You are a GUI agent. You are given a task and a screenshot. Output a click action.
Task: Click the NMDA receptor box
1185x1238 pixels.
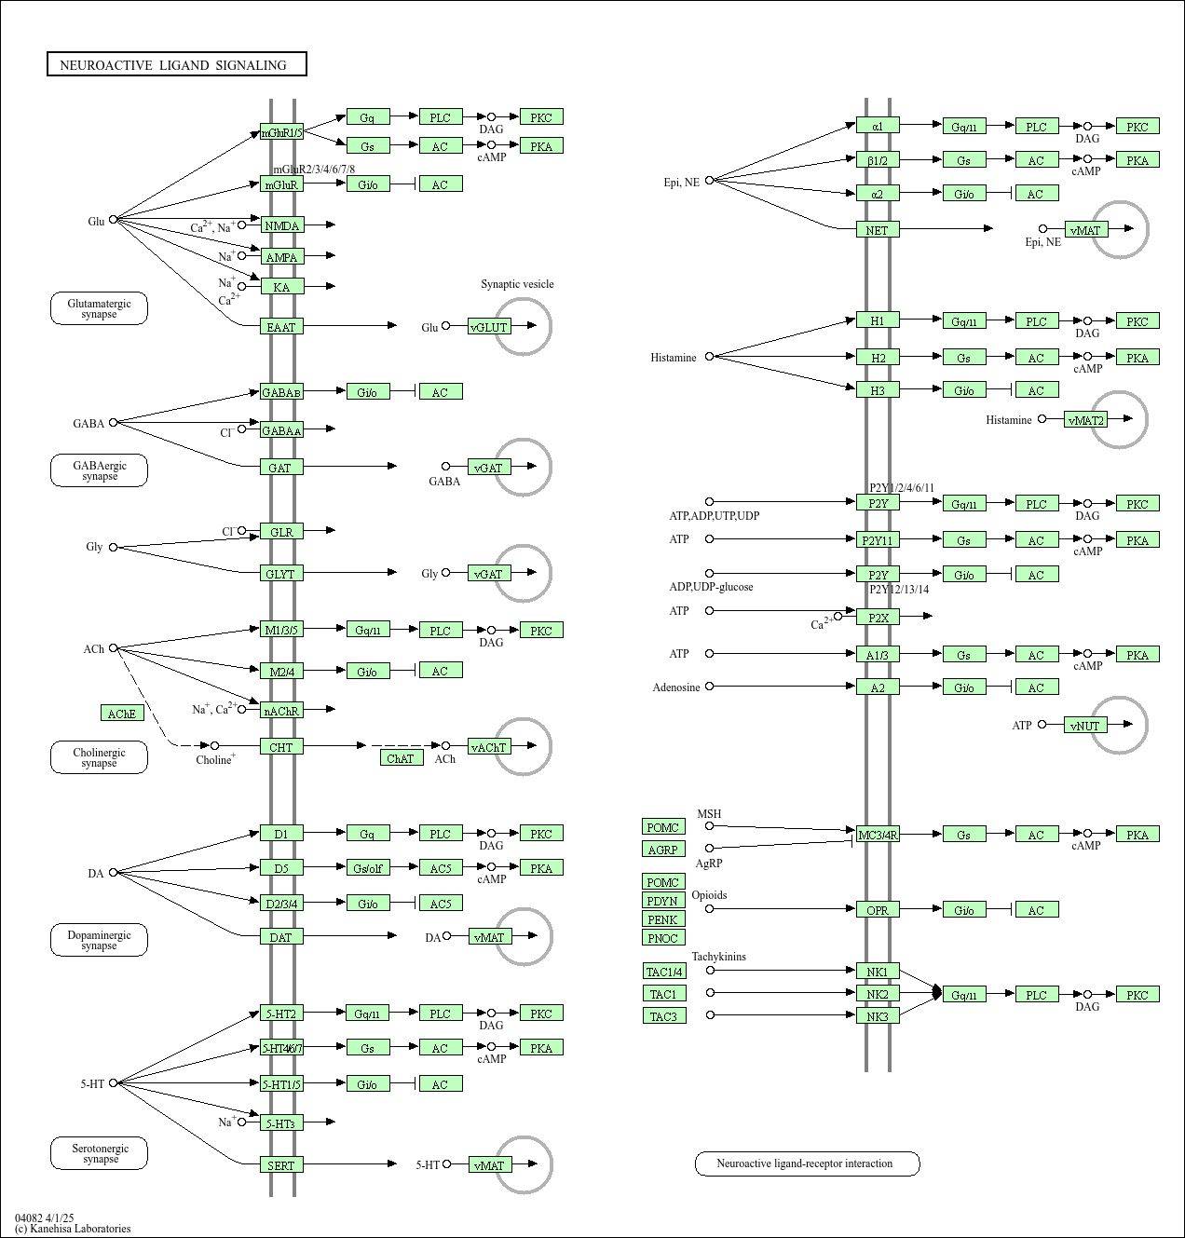coord(281,225)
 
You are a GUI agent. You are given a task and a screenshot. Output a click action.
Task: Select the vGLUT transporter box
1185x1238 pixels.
coord(489,327)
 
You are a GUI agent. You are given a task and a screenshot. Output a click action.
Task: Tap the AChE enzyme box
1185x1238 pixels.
coord(122,714)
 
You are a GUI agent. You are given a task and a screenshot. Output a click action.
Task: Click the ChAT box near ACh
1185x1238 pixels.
coord(401,758)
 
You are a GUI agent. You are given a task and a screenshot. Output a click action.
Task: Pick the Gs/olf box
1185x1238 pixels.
coord(367,868)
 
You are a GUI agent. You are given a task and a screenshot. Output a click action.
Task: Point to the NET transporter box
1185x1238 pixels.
coord(878,229)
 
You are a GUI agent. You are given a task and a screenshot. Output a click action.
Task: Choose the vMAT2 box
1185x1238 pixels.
coord(1086,420)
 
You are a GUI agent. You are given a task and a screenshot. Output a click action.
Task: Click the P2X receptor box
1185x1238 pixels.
coord(878,617)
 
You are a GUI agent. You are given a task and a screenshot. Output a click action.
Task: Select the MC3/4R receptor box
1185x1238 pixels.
coord(878,835)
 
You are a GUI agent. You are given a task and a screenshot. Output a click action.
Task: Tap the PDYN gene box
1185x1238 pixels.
coord(663,901)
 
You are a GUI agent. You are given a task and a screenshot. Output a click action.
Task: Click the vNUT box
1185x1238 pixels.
coord(1085,726)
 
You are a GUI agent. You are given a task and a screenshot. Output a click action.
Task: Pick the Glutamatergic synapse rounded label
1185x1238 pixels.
coord(99,308)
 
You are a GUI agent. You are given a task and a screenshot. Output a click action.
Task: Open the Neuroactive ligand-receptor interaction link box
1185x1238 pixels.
coord(807,1163)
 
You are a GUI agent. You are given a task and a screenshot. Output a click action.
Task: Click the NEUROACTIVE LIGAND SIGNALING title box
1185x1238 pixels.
coord(176,64)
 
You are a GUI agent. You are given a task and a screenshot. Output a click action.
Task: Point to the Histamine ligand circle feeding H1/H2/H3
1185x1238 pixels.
coord(709,357)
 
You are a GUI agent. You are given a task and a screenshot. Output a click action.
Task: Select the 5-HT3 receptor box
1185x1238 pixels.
coord(281,1123)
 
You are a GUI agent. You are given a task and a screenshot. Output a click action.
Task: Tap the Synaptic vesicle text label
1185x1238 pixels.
coord(517,284)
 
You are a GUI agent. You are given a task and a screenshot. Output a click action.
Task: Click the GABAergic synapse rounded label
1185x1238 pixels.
coord(99,470)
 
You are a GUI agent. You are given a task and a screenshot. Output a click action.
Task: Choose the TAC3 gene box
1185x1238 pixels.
coord(663,1016)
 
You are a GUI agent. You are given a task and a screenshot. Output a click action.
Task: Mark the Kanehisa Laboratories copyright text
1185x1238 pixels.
coord(73,1229)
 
